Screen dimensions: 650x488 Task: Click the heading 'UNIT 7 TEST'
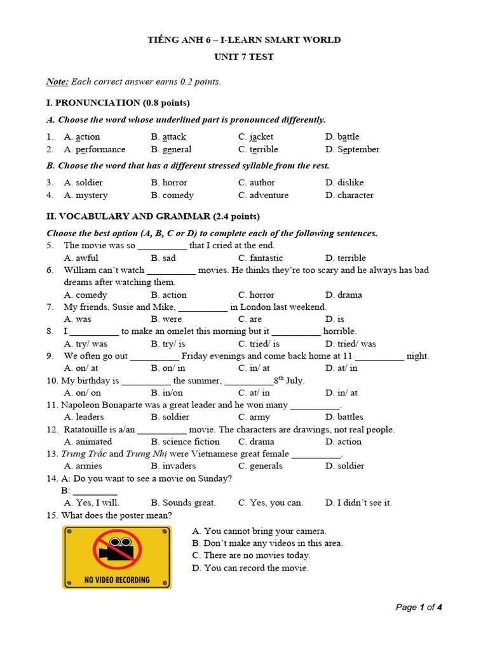[244, 56]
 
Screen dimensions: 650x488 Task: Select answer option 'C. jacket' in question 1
[255, 136]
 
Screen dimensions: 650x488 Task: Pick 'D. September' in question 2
[352, 149]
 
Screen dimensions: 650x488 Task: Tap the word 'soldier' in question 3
[89, 182]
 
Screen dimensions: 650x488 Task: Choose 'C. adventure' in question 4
[263, 195]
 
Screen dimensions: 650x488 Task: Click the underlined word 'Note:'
[57, 81]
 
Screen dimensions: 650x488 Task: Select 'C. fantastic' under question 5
[261, 258]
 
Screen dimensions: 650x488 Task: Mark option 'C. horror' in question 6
[256, 295]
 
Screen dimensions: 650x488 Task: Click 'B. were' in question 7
[166, 319]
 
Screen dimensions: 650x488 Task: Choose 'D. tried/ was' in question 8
[350, 343]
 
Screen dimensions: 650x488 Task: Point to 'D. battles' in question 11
[344, 417]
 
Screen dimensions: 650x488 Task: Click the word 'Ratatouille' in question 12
[85, 429]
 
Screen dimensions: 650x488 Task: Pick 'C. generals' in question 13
[260, 465]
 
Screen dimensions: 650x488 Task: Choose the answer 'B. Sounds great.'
[183, 502]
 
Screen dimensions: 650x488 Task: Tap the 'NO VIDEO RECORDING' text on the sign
[117, 579]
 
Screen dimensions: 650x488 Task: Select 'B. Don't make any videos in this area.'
[267, 543]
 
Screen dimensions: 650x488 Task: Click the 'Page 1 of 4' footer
[418, 607]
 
